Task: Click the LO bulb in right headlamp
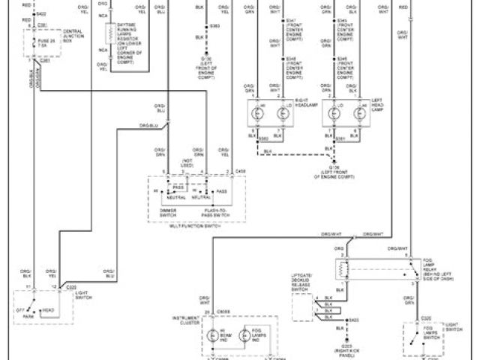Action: click(x=279, y=115)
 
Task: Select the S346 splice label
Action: click(x=292, y=66)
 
